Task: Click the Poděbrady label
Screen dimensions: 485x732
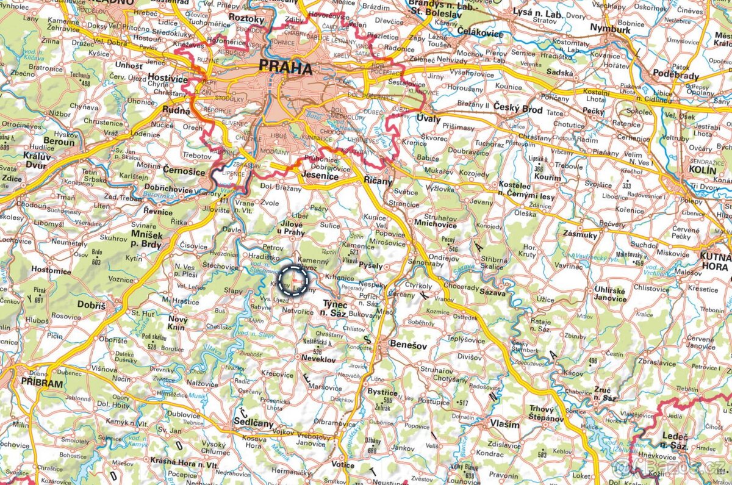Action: point(675,75)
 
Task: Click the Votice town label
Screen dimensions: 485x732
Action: point(343,464)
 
